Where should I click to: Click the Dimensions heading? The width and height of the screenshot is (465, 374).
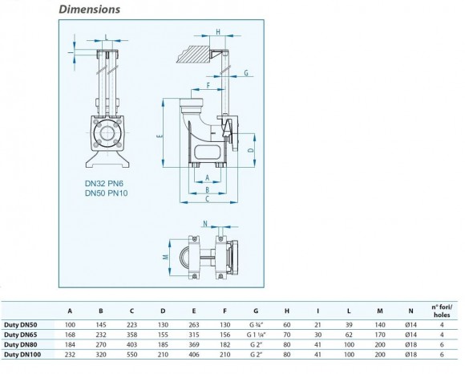[89, 10]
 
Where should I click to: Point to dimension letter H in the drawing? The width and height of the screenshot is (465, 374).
[218, 33]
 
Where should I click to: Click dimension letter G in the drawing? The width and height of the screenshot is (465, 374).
[246, 73]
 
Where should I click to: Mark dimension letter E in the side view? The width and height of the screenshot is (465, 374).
[160, 137]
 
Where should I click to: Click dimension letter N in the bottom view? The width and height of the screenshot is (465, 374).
[204, 224]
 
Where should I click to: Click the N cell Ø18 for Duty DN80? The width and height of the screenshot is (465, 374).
[409, 344]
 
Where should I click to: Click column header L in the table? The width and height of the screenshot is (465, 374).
[348, 312]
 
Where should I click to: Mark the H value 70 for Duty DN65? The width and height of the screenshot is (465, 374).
[288, 334]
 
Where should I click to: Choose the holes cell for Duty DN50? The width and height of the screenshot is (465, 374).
[442, 325]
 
